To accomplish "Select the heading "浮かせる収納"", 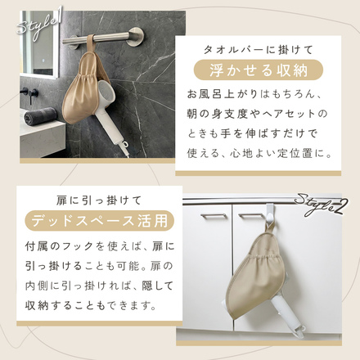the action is click(259, 70).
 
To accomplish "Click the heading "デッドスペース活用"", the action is click(99, 221).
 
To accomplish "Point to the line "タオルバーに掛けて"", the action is click(259, 50).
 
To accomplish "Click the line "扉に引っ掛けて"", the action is click(99, 200).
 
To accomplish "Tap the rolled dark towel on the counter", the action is click(40, 115).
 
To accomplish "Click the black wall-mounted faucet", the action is click(29, 94).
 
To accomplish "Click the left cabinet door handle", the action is click(214, 216).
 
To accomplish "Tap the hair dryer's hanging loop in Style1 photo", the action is click(125, 143).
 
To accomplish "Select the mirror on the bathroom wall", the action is click(39, 43).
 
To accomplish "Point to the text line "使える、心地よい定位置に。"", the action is click(259, 154).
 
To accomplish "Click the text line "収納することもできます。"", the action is click(92, 306).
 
